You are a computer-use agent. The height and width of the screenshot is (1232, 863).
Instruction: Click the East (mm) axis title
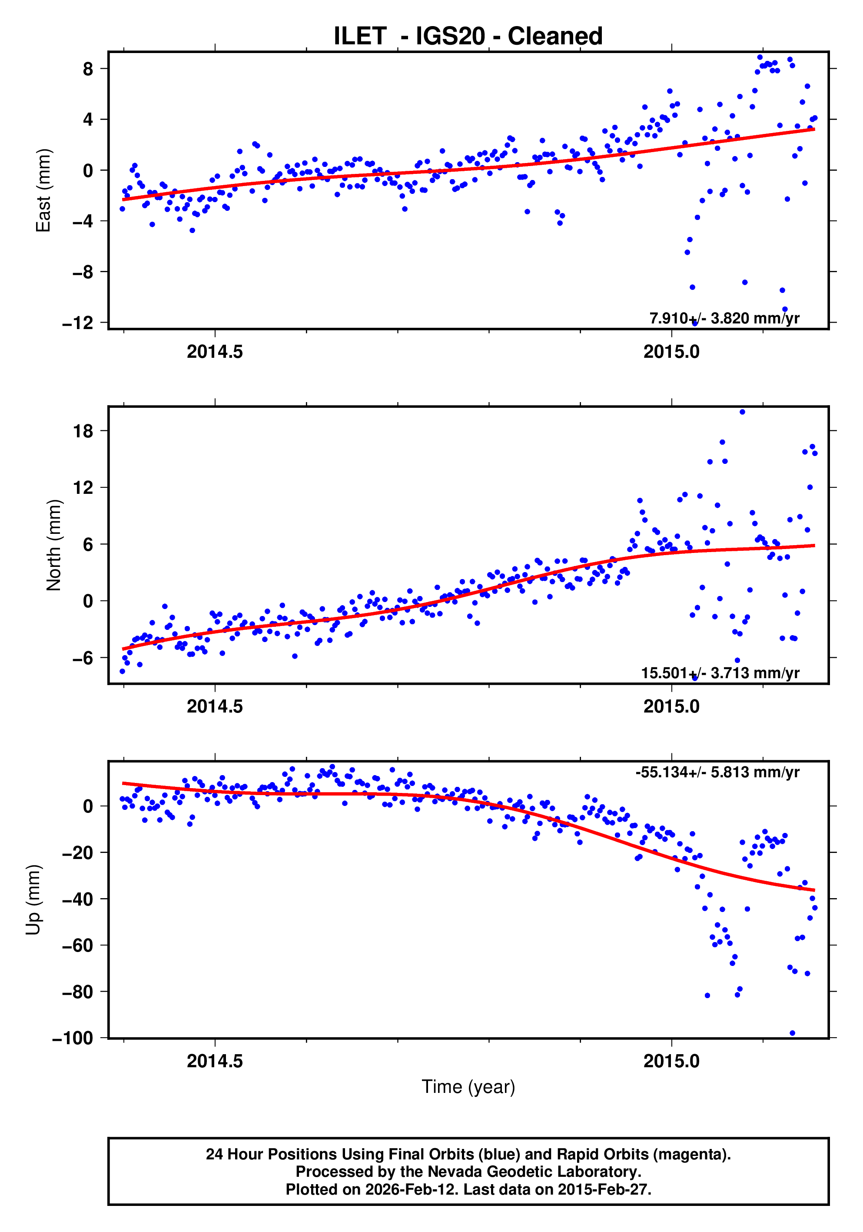coord(43,190)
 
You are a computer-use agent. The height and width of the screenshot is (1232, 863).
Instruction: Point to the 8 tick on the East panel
coord(88,69)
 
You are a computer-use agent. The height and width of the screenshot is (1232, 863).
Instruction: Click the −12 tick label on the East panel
coord(78,323)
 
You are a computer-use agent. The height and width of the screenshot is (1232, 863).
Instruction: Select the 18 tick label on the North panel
coord(83,431)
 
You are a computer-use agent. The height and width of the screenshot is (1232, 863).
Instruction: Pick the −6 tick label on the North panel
coord(83,658)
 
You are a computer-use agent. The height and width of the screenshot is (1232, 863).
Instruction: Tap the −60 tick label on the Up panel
coord(78,946)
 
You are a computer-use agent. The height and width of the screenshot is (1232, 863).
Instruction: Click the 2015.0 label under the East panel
coord(671,352)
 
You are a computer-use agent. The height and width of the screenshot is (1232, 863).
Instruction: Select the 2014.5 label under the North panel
coord(215,707)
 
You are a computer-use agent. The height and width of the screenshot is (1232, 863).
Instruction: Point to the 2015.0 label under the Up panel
coord(671,1061)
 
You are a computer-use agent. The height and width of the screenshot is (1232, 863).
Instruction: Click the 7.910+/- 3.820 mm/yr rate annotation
coord(724,318)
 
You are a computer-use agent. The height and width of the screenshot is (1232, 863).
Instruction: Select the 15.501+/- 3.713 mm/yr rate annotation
coord(720,673)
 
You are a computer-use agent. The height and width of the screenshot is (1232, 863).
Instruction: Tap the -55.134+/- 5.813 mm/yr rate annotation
coord(717,772)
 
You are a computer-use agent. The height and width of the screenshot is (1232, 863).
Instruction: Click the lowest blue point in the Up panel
coord(792,1033)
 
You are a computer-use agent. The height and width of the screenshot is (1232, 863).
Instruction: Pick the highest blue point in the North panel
coord(742,412)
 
